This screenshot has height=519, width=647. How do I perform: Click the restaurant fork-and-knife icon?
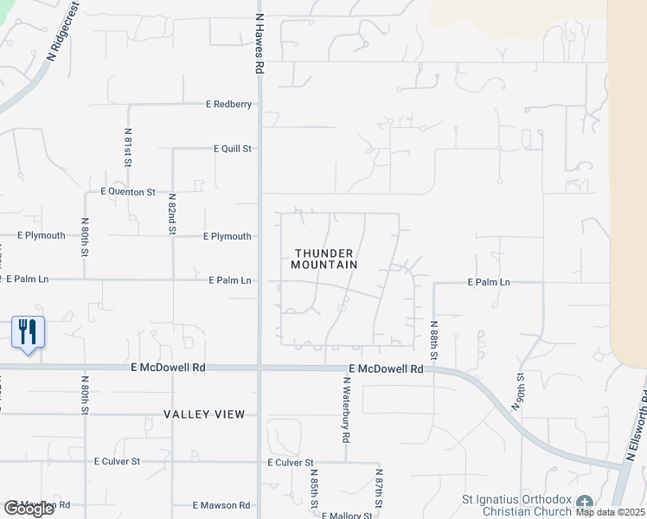click(28, 331)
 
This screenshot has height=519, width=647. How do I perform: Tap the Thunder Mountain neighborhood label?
click(325, 259)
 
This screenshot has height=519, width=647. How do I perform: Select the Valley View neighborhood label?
click(205, 414)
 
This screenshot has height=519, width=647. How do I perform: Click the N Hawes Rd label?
click(259, 42)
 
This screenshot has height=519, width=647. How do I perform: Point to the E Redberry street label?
click(228, 105)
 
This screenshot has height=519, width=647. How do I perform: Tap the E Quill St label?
click(233, 149)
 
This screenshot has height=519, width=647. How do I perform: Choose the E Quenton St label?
click(128, 191)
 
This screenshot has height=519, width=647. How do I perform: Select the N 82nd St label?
click(172, 214)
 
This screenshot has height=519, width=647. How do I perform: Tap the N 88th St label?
click(433, 341)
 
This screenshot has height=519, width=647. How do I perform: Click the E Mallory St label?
click(347, 516)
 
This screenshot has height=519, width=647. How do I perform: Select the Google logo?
click(29, 509)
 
